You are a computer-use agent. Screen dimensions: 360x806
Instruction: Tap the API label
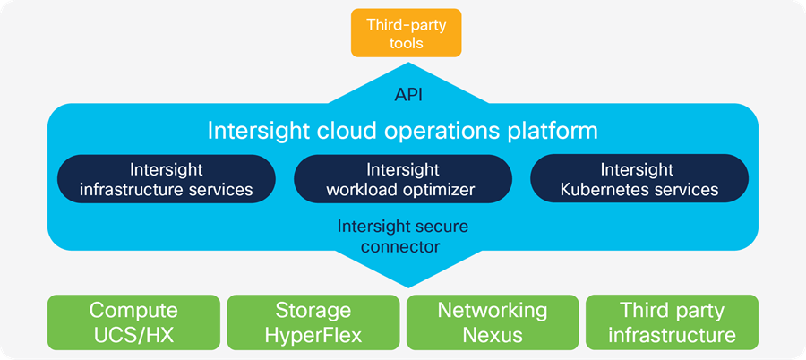tap(408, 94)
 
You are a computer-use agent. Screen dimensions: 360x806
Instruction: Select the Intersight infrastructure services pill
tap(166, 179)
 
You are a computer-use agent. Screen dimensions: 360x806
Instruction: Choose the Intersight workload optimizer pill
tap(403, 179)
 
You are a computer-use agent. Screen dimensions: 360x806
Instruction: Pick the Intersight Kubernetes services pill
tap(639, 179)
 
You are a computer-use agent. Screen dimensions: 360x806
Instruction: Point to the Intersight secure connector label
tap(403, 235)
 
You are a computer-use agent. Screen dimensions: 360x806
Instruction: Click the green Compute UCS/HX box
tap(133, 322)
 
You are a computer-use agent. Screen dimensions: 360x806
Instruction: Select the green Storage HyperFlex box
tap(313, 322)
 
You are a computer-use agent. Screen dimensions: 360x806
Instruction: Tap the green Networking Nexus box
tap(492, 322)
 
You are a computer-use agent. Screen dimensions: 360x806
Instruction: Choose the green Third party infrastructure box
tap(671, 322)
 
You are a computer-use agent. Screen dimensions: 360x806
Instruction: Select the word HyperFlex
tap(313, 335)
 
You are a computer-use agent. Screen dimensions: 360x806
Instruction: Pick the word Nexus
tap(492, 335)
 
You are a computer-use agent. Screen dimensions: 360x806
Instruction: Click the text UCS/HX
tap(133, 335)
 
